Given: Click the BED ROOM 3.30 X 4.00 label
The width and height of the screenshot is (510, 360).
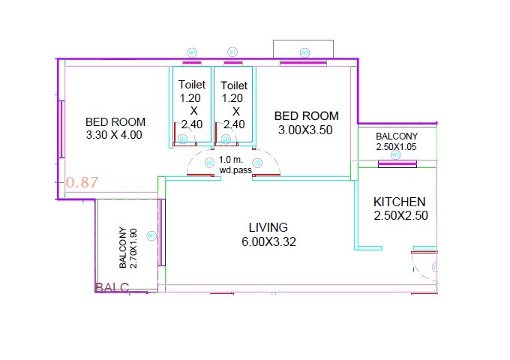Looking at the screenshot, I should (115, 128).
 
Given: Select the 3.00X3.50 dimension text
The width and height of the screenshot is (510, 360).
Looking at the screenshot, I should (306, 130).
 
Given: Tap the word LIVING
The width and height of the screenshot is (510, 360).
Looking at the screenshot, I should (268, 226).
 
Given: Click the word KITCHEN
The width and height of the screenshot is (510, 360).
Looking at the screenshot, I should (400, 202).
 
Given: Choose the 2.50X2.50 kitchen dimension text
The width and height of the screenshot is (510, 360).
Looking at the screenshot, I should (400, 216).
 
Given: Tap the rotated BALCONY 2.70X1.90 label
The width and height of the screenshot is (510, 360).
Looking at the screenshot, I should (127, 247).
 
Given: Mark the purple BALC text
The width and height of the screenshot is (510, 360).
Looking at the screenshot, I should (112, 287).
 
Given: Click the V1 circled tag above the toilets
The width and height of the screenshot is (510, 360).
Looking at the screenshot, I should (232, 52).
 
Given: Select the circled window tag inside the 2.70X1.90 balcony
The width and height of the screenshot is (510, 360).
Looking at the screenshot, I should (151, 235).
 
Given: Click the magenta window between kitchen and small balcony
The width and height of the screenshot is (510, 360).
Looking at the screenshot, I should (397, 165).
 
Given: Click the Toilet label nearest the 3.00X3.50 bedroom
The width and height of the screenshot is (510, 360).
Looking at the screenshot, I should (235, 85).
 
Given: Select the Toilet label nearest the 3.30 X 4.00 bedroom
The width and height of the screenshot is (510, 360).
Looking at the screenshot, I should (192, 85).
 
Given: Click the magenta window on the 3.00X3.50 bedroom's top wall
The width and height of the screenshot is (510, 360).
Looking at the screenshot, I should (304, 63).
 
